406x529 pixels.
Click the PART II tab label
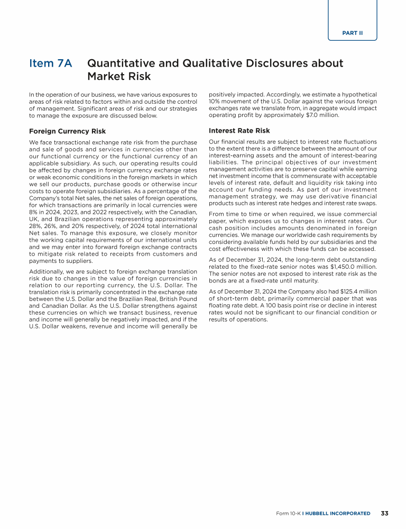coord(352,33)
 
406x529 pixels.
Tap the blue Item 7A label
coord(51,63)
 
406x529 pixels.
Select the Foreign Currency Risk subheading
coord(67,131)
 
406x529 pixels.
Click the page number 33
coord(384,513)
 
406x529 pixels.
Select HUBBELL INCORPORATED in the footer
coord(337,513)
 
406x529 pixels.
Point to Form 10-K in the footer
coord(288,513)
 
